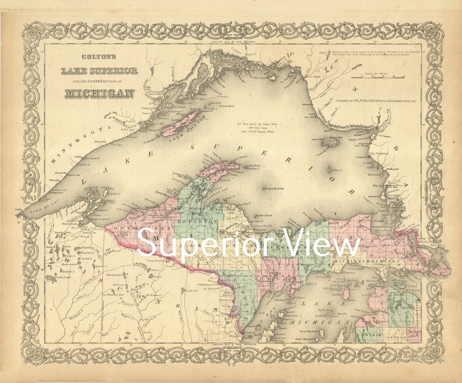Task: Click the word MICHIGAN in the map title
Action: [99, 92]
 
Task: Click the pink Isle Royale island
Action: [182, 122]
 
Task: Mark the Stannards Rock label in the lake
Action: [275, 188]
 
